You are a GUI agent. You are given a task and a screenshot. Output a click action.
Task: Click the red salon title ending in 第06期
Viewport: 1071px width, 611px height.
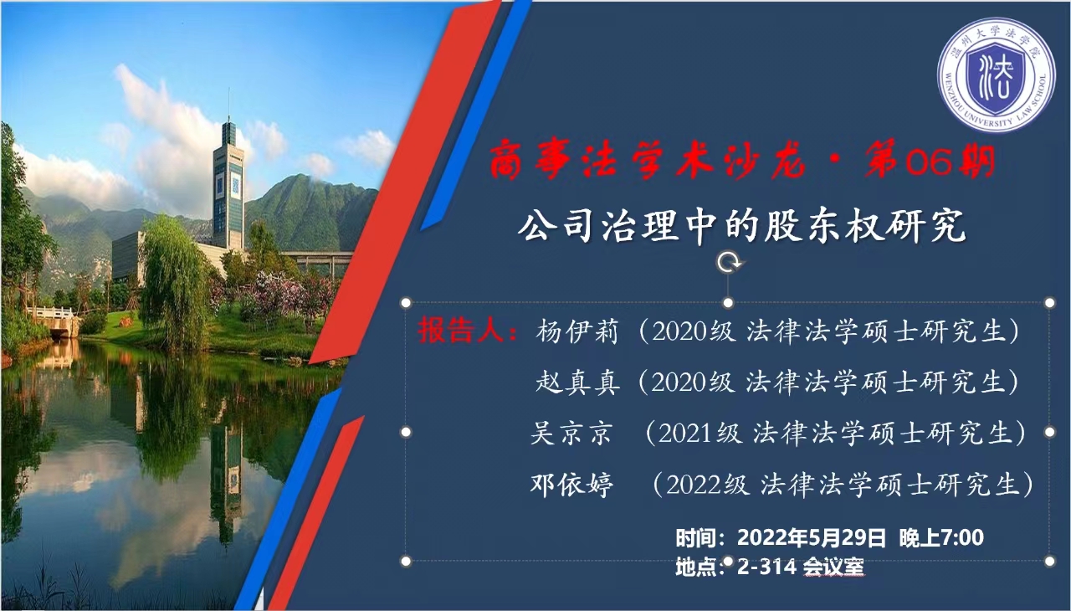tap(742, 162)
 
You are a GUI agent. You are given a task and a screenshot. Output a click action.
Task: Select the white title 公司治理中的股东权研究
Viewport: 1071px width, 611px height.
tap(741, 226)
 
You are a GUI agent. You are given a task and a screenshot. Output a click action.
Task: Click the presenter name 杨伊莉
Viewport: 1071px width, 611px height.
tap(577, 331)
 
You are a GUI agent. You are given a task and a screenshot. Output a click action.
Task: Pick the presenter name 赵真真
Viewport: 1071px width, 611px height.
tap(577, 382)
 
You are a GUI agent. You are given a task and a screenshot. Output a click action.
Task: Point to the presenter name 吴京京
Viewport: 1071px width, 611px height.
tap(571, 434)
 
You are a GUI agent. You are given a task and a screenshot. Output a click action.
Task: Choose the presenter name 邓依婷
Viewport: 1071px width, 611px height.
tap(571, 485)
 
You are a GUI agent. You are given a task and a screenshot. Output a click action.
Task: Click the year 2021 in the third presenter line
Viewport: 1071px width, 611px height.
tap(684, 434)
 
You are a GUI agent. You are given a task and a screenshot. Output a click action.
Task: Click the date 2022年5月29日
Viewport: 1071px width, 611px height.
tap(811, 537)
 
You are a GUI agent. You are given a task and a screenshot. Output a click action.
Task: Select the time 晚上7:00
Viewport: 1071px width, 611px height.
tap(941, 537)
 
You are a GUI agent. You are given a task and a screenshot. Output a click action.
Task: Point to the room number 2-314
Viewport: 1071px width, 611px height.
tap(766, 567)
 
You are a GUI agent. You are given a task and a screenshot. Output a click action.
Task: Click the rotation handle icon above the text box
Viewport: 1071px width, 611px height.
tap(728, 263)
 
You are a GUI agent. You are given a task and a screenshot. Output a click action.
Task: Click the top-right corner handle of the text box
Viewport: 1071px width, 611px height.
tap(1050, 303)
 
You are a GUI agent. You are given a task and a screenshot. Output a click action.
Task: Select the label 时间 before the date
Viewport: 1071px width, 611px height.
tap(695, 538)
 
